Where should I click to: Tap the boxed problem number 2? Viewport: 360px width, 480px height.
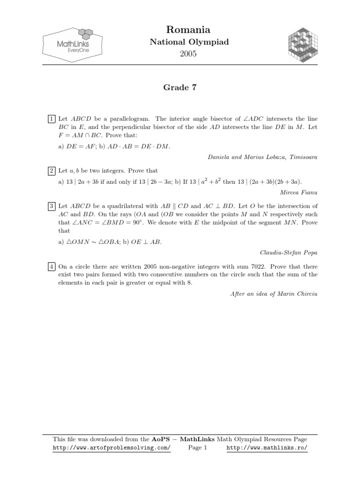coord(52,170)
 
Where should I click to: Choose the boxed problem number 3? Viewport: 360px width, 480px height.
coord(52,206)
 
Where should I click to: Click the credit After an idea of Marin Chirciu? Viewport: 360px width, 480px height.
coord(274,293)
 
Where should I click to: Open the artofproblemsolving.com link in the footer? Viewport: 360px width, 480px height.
coord(112,448)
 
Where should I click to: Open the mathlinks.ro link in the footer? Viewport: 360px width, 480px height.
coord(267,448)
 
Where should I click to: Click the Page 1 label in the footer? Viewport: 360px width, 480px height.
coord(197,448)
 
